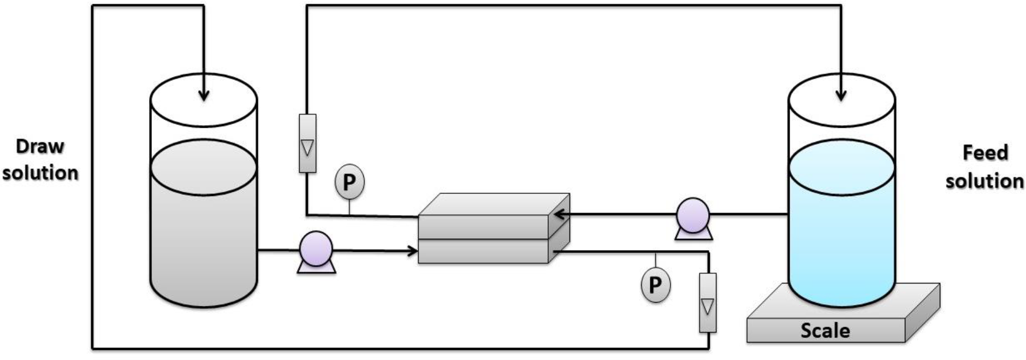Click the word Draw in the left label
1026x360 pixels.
click(40, 146)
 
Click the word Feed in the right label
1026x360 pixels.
click(985, 152)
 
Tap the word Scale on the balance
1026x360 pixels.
click(825, 331)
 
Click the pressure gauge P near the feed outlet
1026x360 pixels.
click(349, 182)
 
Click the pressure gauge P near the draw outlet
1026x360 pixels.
click(655, 284)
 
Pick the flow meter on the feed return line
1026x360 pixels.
click(307, 143)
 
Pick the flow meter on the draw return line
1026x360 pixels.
click(708, 303)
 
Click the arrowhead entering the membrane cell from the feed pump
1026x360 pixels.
click(558, 215)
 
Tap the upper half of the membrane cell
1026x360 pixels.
click(483, 226)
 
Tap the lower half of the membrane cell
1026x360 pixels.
click(483, 251)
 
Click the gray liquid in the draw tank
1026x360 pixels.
click(204, 229)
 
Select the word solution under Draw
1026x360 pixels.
click(40, 173)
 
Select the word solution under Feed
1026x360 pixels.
click(985, 180)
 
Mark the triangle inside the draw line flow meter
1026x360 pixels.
click(708, 306)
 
